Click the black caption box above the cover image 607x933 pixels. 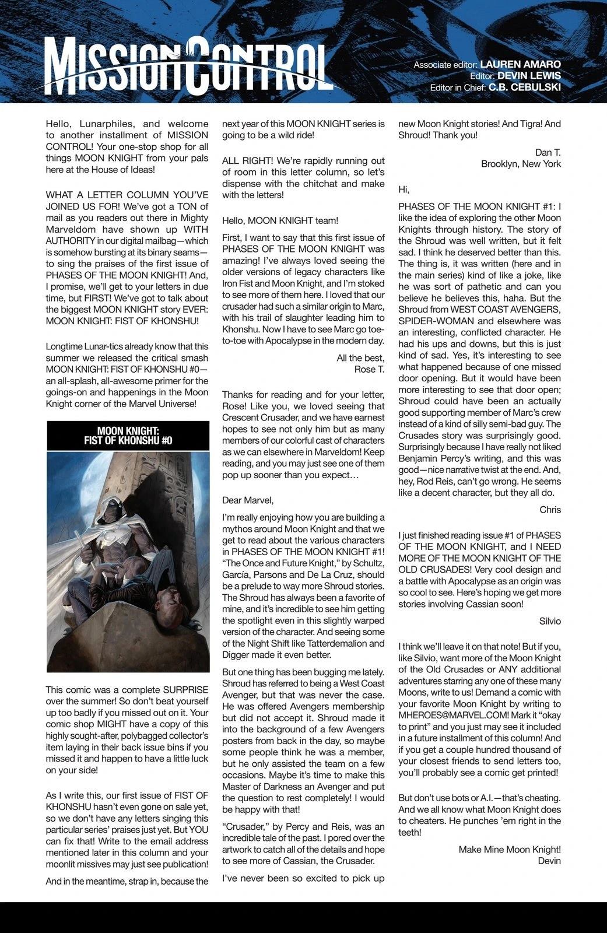pyautogui.click(x=128, y=436)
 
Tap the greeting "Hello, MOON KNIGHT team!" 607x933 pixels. pyautogui.click(x=280, y=220)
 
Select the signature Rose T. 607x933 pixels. pyautogui.click(x=369, y=369)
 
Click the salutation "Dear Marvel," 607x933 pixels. pyautogui.click(x=247, y=500)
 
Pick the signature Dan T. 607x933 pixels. pyautogui.click(x=548, y=152)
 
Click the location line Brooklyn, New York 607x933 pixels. pyautogui.click(x=521, y=164)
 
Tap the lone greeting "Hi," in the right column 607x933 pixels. pyautogui.click(x=404, y=190)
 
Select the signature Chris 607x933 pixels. pyautogui.click(x=550, y=510)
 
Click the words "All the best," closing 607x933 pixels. pyautogui.click(x=360, y=357)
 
